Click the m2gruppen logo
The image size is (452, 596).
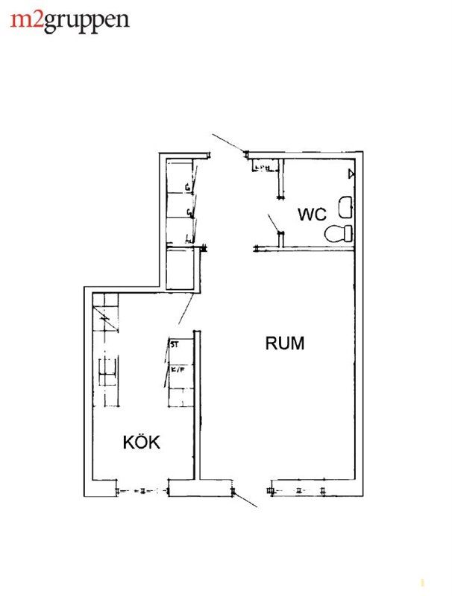coord(70,20)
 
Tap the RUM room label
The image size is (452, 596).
coord(285,343)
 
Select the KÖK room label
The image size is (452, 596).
coord(142,442)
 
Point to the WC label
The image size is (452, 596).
coord(312,215)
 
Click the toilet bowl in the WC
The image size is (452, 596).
coord(339,233)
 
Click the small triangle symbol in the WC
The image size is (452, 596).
coord(351,174)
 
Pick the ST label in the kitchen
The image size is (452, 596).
coord(175,345)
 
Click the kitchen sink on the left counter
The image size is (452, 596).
coord(107,370)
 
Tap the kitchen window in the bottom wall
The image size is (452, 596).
coord(142,490)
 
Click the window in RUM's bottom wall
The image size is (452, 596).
coord(298,490)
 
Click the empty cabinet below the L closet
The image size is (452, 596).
coord(181,270)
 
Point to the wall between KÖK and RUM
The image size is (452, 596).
coord(197,402)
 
